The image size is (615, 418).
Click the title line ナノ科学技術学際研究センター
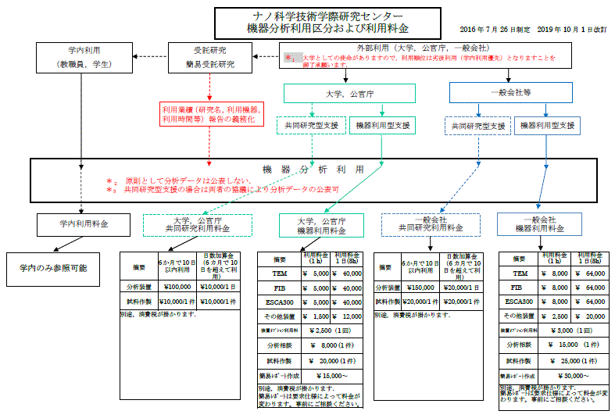point(327,16)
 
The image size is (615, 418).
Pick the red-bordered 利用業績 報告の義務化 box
point(209,115)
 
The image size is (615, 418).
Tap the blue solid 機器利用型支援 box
point(547,125)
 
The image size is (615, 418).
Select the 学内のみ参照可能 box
point(54,267)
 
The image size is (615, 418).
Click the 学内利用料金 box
point(82,224)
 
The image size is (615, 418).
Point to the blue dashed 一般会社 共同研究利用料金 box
point(431,225)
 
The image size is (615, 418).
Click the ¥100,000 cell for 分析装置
point(177,287)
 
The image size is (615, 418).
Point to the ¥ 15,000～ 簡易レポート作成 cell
point(333,375)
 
